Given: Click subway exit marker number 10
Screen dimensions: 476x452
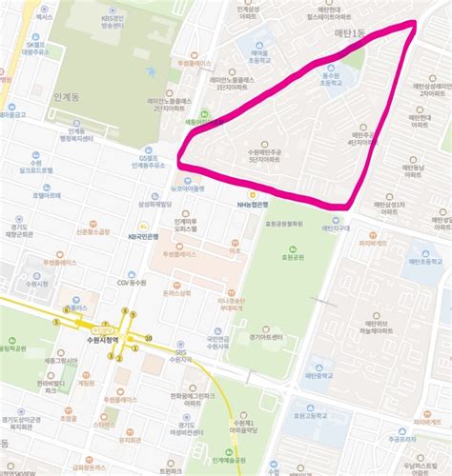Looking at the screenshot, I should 148,337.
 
